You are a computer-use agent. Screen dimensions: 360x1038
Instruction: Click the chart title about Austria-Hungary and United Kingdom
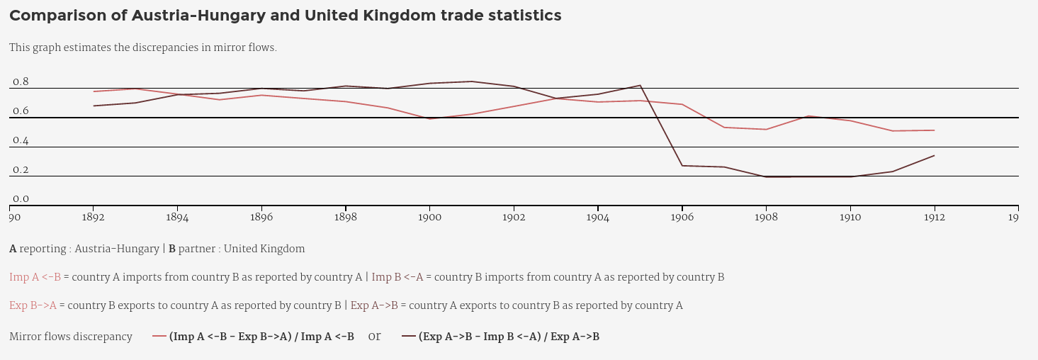tap(285, 16)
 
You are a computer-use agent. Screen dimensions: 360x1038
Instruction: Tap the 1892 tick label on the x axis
tap(94, 218)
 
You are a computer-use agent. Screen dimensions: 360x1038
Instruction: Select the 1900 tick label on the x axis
tap(429, 218)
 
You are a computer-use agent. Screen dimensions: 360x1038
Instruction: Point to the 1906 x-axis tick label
tap(682, 218)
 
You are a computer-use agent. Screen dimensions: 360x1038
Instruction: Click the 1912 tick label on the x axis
tap(934, 218)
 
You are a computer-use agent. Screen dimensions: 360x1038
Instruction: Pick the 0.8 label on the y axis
tap(21, 82)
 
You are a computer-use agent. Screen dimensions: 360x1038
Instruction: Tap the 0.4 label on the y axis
tap(21, 141)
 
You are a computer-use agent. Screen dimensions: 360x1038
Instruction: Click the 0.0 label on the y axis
tap(21, 200)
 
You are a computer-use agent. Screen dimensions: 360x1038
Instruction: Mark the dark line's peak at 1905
tap(641, 86)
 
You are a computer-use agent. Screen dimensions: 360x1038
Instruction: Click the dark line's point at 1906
tap(682, 166)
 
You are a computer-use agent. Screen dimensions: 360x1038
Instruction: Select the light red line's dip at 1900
tap(429, 118)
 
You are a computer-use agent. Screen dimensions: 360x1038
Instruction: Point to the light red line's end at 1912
tap(934, 130)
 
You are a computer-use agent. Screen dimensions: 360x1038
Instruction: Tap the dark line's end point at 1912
tap(934, 156)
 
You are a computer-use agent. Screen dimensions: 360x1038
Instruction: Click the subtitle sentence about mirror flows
tap(142, 48)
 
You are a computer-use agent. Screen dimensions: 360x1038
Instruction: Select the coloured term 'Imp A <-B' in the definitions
tap(35, 278)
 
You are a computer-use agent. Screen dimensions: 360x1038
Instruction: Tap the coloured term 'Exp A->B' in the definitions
tap(374, 306)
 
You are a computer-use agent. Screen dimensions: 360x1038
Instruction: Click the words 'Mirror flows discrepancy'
tap(71, 337)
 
